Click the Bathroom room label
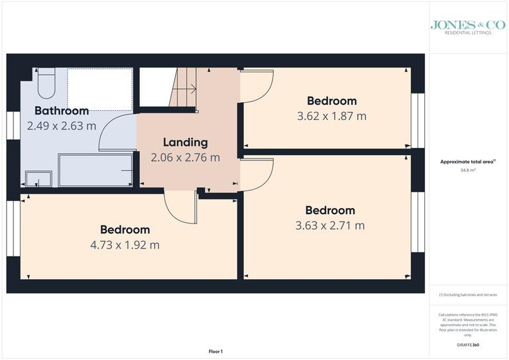(x=62, y=111)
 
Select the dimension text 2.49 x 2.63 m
(x=62, y=125)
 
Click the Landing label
(x=185, y=142)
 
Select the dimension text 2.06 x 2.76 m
(x=185, y=157)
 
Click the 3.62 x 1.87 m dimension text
(x=331, y=116)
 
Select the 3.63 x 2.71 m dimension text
(x=330, y=225)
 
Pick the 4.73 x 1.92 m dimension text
(x=125, y=245)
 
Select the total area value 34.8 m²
(x=469, y=170)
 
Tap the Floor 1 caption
(x=216, y=351)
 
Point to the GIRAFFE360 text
(x=469, y=346)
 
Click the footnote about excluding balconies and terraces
(x=469, y=294)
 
